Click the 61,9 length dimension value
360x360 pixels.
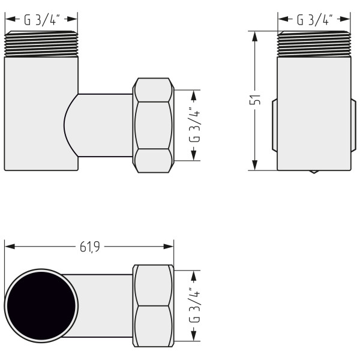(x=89, y=246)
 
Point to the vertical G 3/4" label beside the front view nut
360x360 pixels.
(x=194, y=125)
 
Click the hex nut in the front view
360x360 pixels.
(x=154, y=125)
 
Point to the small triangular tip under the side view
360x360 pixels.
(x=314, y=172)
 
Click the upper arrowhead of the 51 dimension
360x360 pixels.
(x=256, y=36)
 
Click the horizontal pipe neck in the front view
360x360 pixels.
(x=105, y=125)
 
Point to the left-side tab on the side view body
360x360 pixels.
(x=274, y=125)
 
